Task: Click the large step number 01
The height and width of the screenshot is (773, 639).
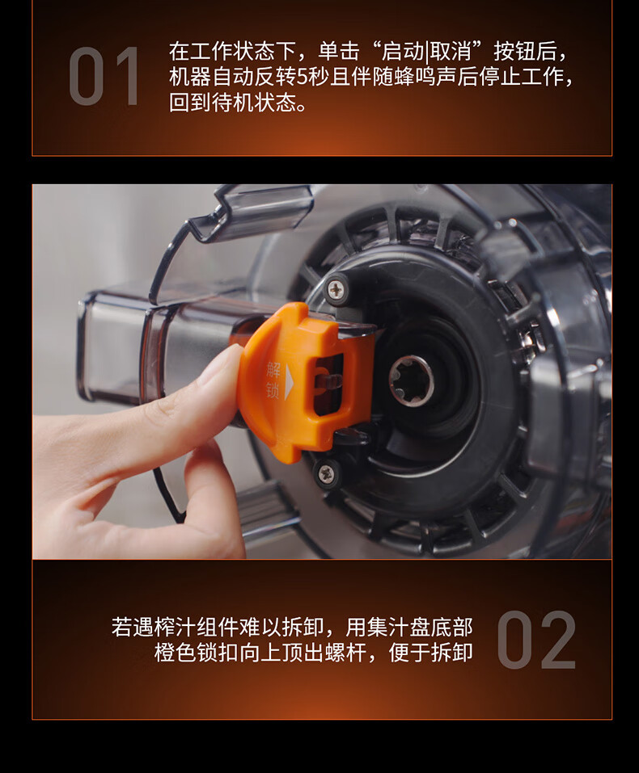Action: click(104, 76)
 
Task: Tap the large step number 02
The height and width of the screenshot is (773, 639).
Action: click(536, 640)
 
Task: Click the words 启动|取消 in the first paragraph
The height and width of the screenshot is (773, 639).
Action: click(426, 51)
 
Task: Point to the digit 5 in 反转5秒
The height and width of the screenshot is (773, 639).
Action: click(303, 77)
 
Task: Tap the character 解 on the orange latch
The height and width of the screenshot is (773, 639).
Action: click(273, 369)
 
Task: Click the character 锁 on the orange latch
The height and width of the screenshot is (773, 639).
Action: click(273, 389)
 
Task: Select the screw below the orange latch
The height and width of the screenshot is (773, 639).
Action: click(325, 474)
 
